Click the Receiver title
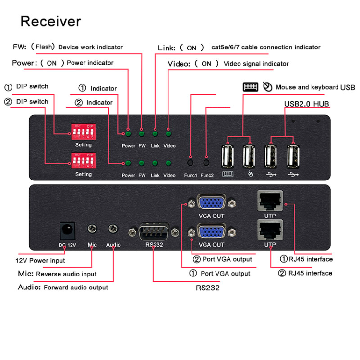pyautogui.click(x=50, y=22)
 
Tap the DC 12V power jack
pyautogui.click(x=68, y=230)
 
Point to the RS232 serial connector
pyautogui.click(x=153, y=232)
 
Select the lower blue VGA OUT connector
pyautogui.click(x=212, y=232)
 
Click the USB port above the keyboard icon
pyautogui.click(x=228, y=156)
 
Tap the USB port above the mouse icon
pyautogui.click(x=249, y=156)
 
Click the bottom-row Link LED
pyautogui.click(x=155, y=163)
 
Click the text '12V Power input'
pyautogui.click(x=40, y=260)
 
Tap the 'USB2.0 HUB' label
pyautogui.click(x=307, y=104)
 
